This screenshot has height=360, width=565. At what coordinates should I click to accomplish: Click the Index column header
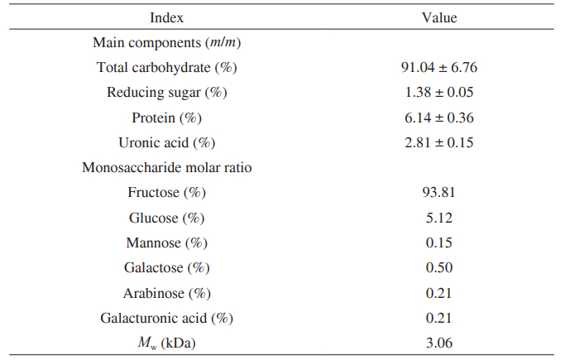click(166, 17)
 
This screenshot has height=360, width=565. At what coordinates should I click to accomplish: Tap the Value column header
click(439, 17)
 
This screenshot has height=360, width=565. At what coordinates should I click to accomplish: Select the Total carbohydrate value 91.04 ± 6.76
click(439, 67)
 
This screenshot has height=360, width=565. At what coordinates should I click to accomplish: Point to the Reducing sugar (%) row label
click(166, 93)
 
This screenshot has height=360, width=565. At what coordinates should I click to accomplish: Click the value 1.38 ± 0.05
click(439, 92)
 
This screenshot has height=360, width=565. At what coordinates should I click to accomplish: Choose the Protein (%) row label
click(166, 118)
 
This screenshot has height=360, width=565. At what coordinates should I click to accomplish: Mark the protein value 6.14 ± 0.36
click(439, 118)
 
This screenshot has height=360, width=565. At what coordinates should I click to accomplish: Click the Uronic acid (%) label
click(166, 143)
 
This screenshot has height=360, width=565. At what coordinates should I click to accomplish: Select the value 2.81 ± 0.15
click(439, 142)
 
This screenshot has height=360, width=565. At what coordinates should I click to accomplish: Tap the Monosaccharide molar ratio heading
click(166, 167)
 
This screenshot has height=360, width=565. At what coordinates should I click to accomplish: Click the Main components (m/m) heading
click(166, 43)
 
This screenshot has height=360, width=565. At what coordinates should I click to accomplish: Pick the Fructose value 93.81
click(439, 193)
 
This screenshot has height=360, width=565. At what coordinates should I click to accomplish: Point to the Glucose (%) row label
click(166, 218)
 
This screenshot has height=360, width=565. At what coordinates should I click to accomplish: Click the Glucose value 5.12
click(439, 218)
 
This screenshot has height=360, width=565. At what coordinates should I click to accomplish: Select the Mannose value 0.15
click(439, 242)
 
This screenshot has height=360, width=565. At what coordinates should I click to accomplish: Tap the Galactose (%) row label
click(166, 268)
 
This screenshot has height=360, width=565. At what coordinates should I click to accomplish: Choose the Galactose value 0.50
click(439, 267)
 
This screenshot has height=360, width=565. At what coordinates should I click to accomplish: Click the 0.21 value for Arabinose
click(439, 293)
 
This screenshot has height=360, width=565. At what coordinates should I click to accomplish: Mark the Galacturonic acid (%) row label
click(166, 319)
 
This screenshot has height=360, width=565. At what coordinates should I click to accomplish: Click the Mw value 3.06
click(439, 343)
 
